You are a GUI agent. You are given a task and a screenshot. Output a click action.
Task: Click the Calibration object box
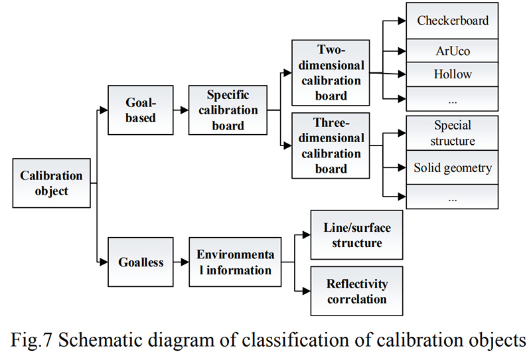point(52,183)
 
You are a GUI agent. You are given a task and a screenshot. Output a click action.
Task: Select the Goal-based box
point(141,110)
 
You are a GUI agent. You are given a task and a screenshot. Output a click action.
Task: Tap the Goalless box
point(141,262)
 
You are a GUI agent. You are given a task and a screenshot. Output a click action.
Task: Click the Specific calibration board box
point(228,110)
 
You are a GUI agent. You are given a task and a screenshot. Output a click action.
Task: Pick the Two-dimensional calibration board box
point(331,73)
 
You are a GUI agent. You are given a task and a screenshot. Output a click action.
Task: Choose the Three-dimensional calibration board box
point(331,145)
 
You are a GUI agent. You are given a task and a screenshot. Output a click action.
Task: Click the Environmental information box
point(235,262)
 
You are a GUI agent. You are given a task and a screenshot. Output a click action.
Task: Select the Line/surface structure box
point(357,235)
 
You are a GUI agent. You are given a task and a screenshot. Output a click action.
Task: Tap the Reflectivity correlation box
point(357,291)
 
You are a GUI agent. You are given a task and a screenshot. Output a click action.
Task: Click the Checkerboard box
point(453,21)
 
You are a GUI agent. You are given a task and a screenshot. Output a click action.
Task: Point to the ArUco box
point(453,51)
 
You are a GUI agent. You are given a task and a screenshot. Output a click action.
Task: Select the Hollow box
point(453,74)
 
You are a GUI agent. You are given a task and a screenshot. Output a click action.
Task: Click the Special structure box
point(453,134)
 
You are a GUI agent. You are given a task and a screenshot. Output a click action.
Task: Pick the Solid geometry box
point(453,167)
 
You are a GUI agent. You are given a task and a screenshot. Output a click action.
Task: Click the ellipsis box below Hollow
point(453,99)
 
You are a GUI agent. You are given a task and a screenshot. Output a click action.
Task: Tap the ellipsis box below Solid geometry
point(453,197)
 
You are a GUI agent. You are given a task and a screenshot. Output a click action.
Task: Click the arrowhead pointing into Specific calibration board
point(185,110)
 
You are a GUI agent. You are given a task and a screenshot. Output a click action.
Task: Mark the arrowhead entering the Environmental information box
point(185,262)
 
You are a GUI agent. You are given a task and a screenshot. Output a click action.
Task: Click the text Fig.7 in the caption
point(31,340)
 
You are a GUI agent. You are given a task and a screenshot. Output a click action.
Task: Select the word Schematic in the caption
point(104,340)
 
